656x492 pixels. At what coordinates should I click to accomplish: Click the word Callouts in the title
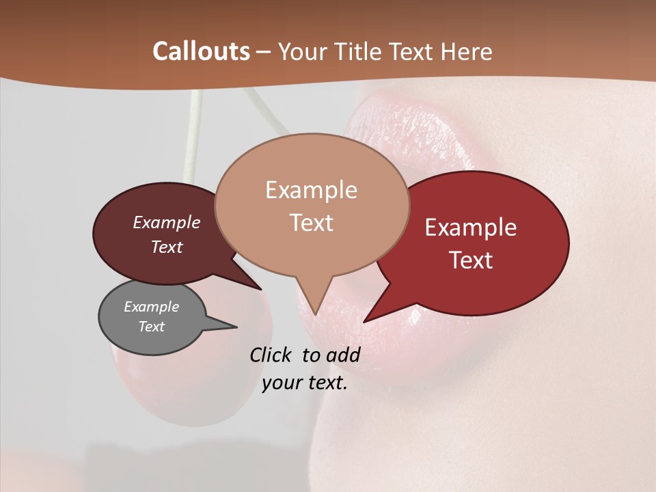(201, 51)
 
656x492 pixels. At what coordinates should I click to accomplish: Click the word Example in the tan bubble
(311, 190)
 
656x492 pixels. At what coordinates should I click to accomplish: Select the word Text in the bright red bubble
(471, 260)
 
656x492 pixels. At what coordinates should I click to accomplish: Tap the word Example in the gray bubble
(151, 307)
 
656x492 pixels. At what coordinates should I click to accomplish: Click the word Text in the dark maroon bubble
(167, 247)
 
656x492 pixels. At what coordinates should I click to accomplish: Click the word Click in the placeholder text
(270, 355)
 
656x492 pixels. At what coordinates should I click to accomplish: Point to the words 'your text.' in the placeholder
(305, 383)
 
